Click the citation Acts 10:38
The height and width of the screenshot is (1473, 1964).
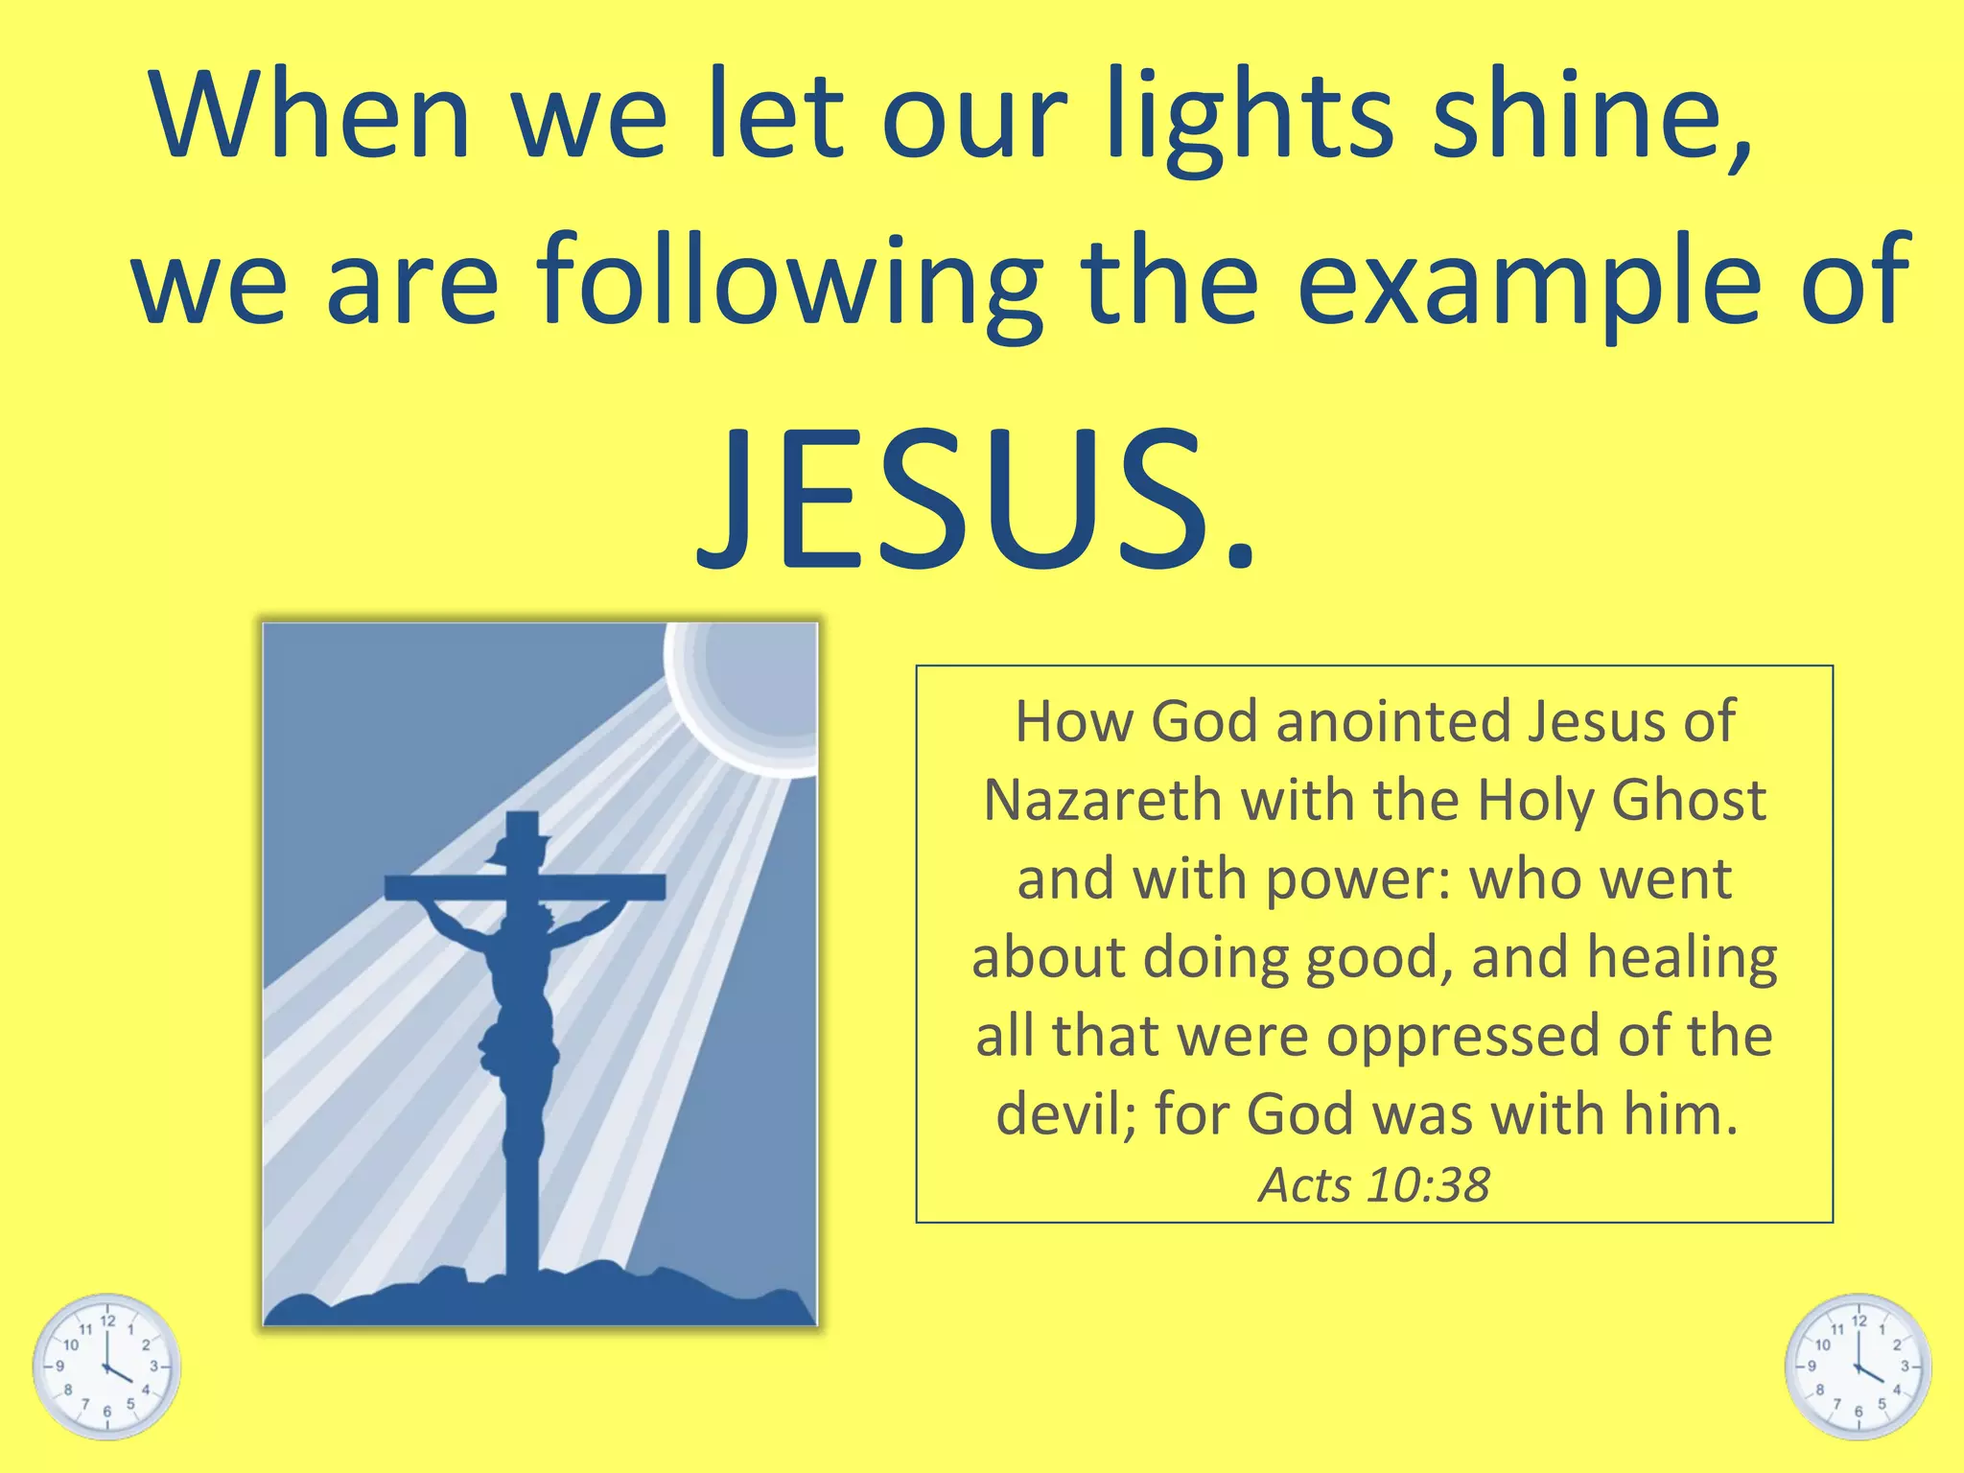1373,1186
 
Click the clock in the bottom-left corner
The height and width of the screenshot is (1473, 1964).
106,1366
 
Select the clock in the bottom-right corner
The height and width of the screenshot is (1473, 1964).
1858,1366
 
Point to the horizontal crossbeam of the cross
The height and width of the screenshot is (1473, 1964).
525,887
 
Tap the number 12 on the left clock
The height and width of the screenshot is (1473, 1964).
108,1321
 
